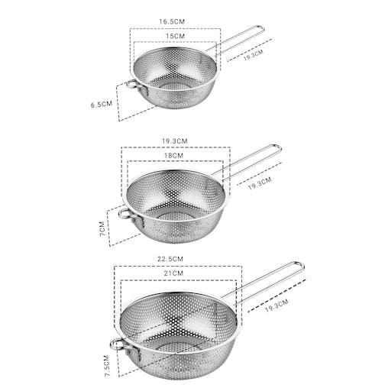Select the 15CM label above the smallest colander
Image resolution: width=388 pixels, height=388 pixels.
tap(175, 36)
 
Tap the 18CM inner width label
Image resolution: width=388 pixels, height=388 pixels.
tap(175, 155)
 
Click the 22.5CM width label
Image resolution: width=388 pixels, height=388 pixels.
tap(175, 259)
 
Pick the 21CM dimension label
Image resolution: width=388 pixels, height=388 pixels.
tap(175, 273)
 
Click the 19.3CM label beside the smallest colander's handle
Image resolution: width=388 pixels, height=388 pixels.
tap(253, 55)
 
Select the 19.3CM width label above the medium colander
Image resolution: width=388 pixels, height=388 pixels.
tap(175, 141)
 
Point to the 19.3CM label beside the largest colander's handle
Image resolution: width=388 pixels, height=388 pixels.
tap(276, 304)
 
